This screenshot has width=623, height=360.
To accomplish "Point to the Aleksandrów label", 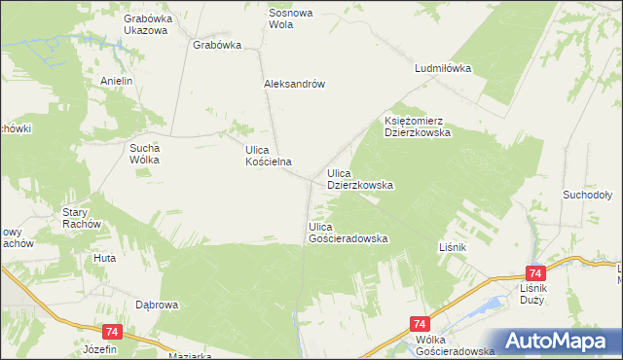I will pos(293,84).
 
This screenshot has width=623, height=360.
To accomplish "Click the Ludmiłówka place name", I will pos(442,69).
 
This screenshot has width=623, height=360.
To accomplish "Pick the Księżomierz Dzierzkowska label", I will pos(417,126).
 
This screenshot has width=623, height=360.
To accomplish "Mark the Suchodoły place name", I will pos(586,195).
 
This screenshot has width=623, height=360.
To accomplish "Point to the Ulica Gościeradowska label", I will pos(348,232).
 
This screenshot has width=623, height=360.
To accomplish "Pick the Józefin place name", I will pos(100,348).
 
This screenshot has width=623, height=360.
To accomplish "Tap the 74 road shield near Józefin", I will pos(111,332).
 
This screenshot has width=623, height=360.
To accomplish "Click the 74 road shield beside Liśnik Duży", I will pos(533,274).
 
